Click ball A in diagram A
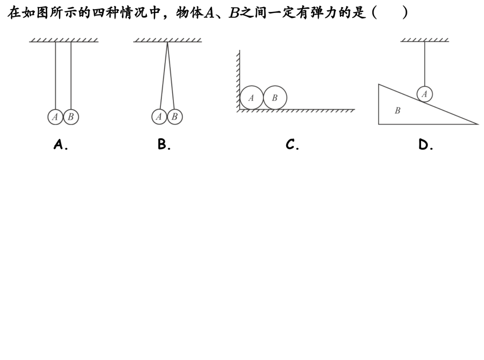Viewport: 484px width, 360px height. point(55,117)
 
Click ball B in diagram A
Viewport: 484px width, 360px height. point(70,117)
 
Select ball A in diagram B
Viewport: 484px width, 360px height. point(159,117)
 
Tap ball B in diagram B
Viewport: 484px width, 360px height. point(175,117)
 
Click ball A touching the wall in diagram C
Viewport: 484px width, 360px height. point(251,98)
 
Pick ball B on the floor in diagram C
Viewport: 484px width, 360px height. point(275,98)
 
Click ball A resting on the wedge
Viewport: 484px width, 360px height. point(424,94)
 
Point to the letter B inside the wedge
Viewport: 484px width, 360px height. point(397,111)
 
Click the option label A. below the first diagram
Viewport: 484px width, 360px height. point(61,144)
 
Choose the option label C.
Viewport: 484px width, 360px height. point(293,144)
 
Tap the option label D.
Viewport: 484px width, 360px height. point(426,144)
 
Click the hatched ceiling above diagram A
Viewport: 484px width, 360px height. point(64,40)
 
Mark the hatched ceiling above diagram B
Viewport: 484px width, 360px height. point(167,40)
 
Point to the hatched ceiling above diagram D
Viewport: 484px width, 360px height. point(424,40)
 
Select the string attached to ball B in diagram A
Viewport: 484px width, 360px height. point(71,76)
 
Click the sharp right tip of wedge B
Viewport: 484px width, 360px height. point(477,124)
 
